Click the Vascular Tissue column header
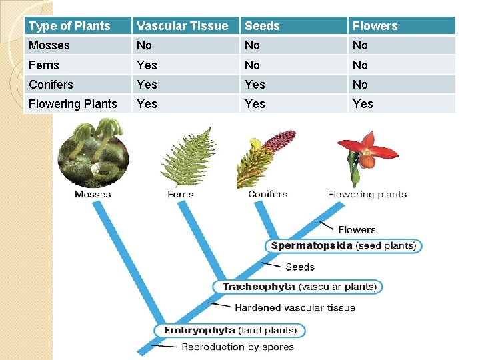point(182,26)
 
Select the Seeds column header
point(262,26)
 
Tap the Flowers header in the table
point(375,26)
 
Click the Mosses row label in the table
point(49,45)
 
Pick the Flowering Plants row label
point(73,104)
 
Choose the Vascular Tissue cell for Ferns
point(147,65)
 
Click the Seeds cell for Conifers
point(255,85)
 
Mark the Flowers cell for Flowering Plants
point(363,104)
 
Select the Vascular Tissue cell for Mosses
point(144,45)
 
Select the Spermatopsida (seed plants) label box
point(343,246)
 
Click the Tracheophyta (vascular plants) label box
point(299,287)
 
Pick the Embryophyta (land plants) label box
point(230,331)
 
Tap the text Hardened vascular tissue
point(295,308)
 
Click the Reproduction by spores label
point(237,347)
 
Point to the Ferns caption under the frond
point(180,195)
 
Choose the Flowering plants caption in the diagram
point(367,195)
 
